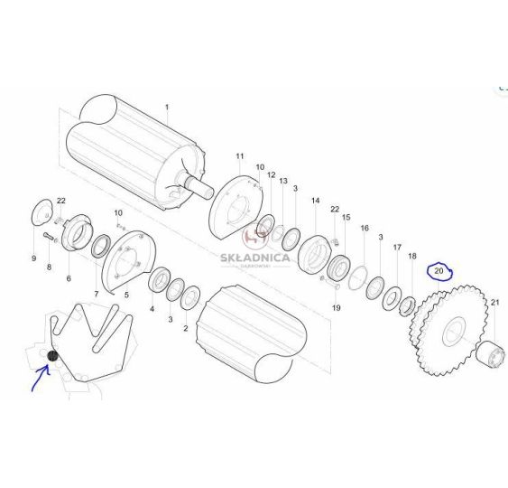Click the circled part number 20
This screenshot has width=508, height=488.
pyautogui.click(x=439, y=270)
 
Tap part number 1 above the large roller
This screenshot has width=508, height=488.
pyautogui.click(x=167, y=107)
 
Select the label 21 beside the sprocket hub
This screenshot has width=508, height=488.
pyautogui.click(x=495, y=303)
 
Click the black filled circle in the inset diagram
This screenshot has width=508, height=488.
pyautogui.click(x=52, y=356)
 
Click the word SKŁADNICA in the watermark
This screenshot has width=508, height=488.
pyautogui.click(x=255, y=258)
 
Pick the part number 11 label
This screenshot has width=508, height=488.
pyautogui.click(x=240, y=156)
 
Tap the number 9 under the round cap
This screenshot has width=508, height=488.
pyautogui.click(x=34, y=258)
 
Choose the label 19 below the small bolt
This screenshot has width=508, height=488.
pyautogui.click(x=337, y=307)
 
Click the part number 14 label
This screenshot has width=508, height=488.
pyautogui.click(x=316, y=201)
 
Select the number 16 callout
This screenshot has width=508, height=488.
pyautogui.click(x=365, y=228)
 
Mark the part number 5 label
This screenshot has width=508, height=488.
pyautogui.click(x=126, y=295)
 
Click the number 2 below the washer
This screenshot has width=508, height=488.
pyautogui.click(x=186, y=328)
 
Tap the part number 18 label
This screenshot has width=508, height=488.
pyautogui.click(x=412, y=256)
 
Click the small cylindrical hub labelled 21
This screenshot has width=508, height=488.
pyautogui.click(x=491, y=354)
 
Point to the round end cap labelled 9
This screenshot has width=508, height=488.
pyautogui.click(x=42, y=211)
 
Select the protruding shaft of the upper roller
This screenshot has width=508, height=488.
pyautogui.click(x=198, y=188)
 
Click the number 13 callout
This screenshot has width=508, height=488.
pyautogui.click(x=283, y=181)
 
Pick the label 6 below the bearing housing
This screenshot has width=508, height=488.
pyautogui.click(x=69, y=278)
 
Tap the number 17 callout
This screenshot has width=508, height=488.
pyautogui.click(x=398, y=248)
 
